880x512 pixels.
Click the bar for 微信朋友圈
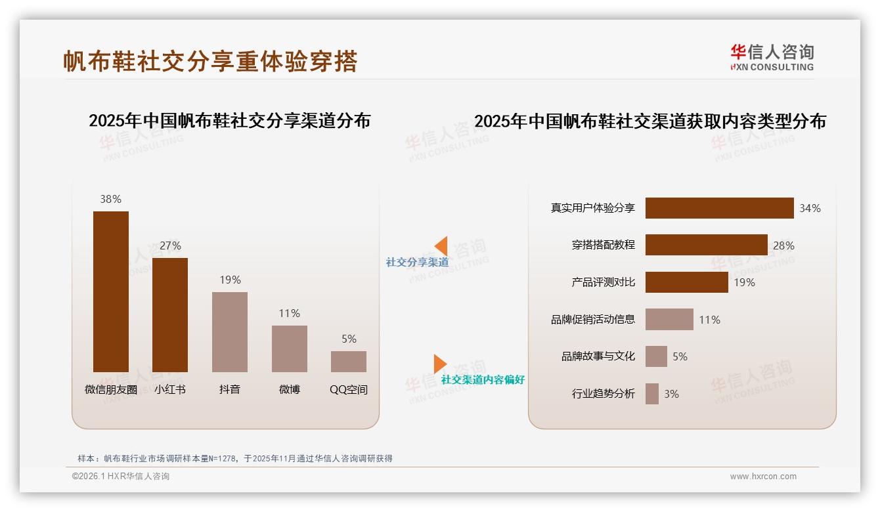[111, 291]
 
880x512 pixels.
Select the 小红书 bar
[170, 315]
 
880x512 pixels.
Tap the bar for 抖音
[230, 332]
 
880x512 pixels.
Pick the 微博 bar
[290, 349]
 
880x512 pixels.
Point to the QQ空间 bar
[349, 362]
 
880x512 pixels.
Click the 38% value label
[111, 199]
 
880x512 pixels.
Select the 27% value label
[170, 245]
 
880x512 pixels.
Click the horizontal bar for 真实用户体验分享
[719, 208]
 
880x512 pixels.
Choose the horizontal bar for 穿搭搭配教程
[706, 245]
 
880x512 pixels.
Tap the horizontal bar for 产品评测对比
[686, 282]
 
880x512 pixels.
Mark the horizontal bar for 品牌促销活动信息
[669, 320]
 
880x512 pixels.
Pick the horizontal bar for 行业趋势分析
[652, 394]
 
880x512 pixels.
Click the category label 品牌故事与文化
[598, 356]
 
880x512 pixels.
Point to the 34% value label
[810, 208]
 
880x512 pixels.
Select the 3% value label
[671, 394]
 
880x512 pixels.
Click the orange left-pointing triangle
[441, 246]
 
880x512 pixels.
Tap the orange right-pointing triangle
[439, 364]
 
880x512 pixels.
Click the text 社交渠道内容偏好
[483, 379]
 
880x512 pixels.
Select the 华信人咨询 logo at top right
[772, 57]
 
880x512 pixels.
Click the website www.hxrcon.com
[763, 477]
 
